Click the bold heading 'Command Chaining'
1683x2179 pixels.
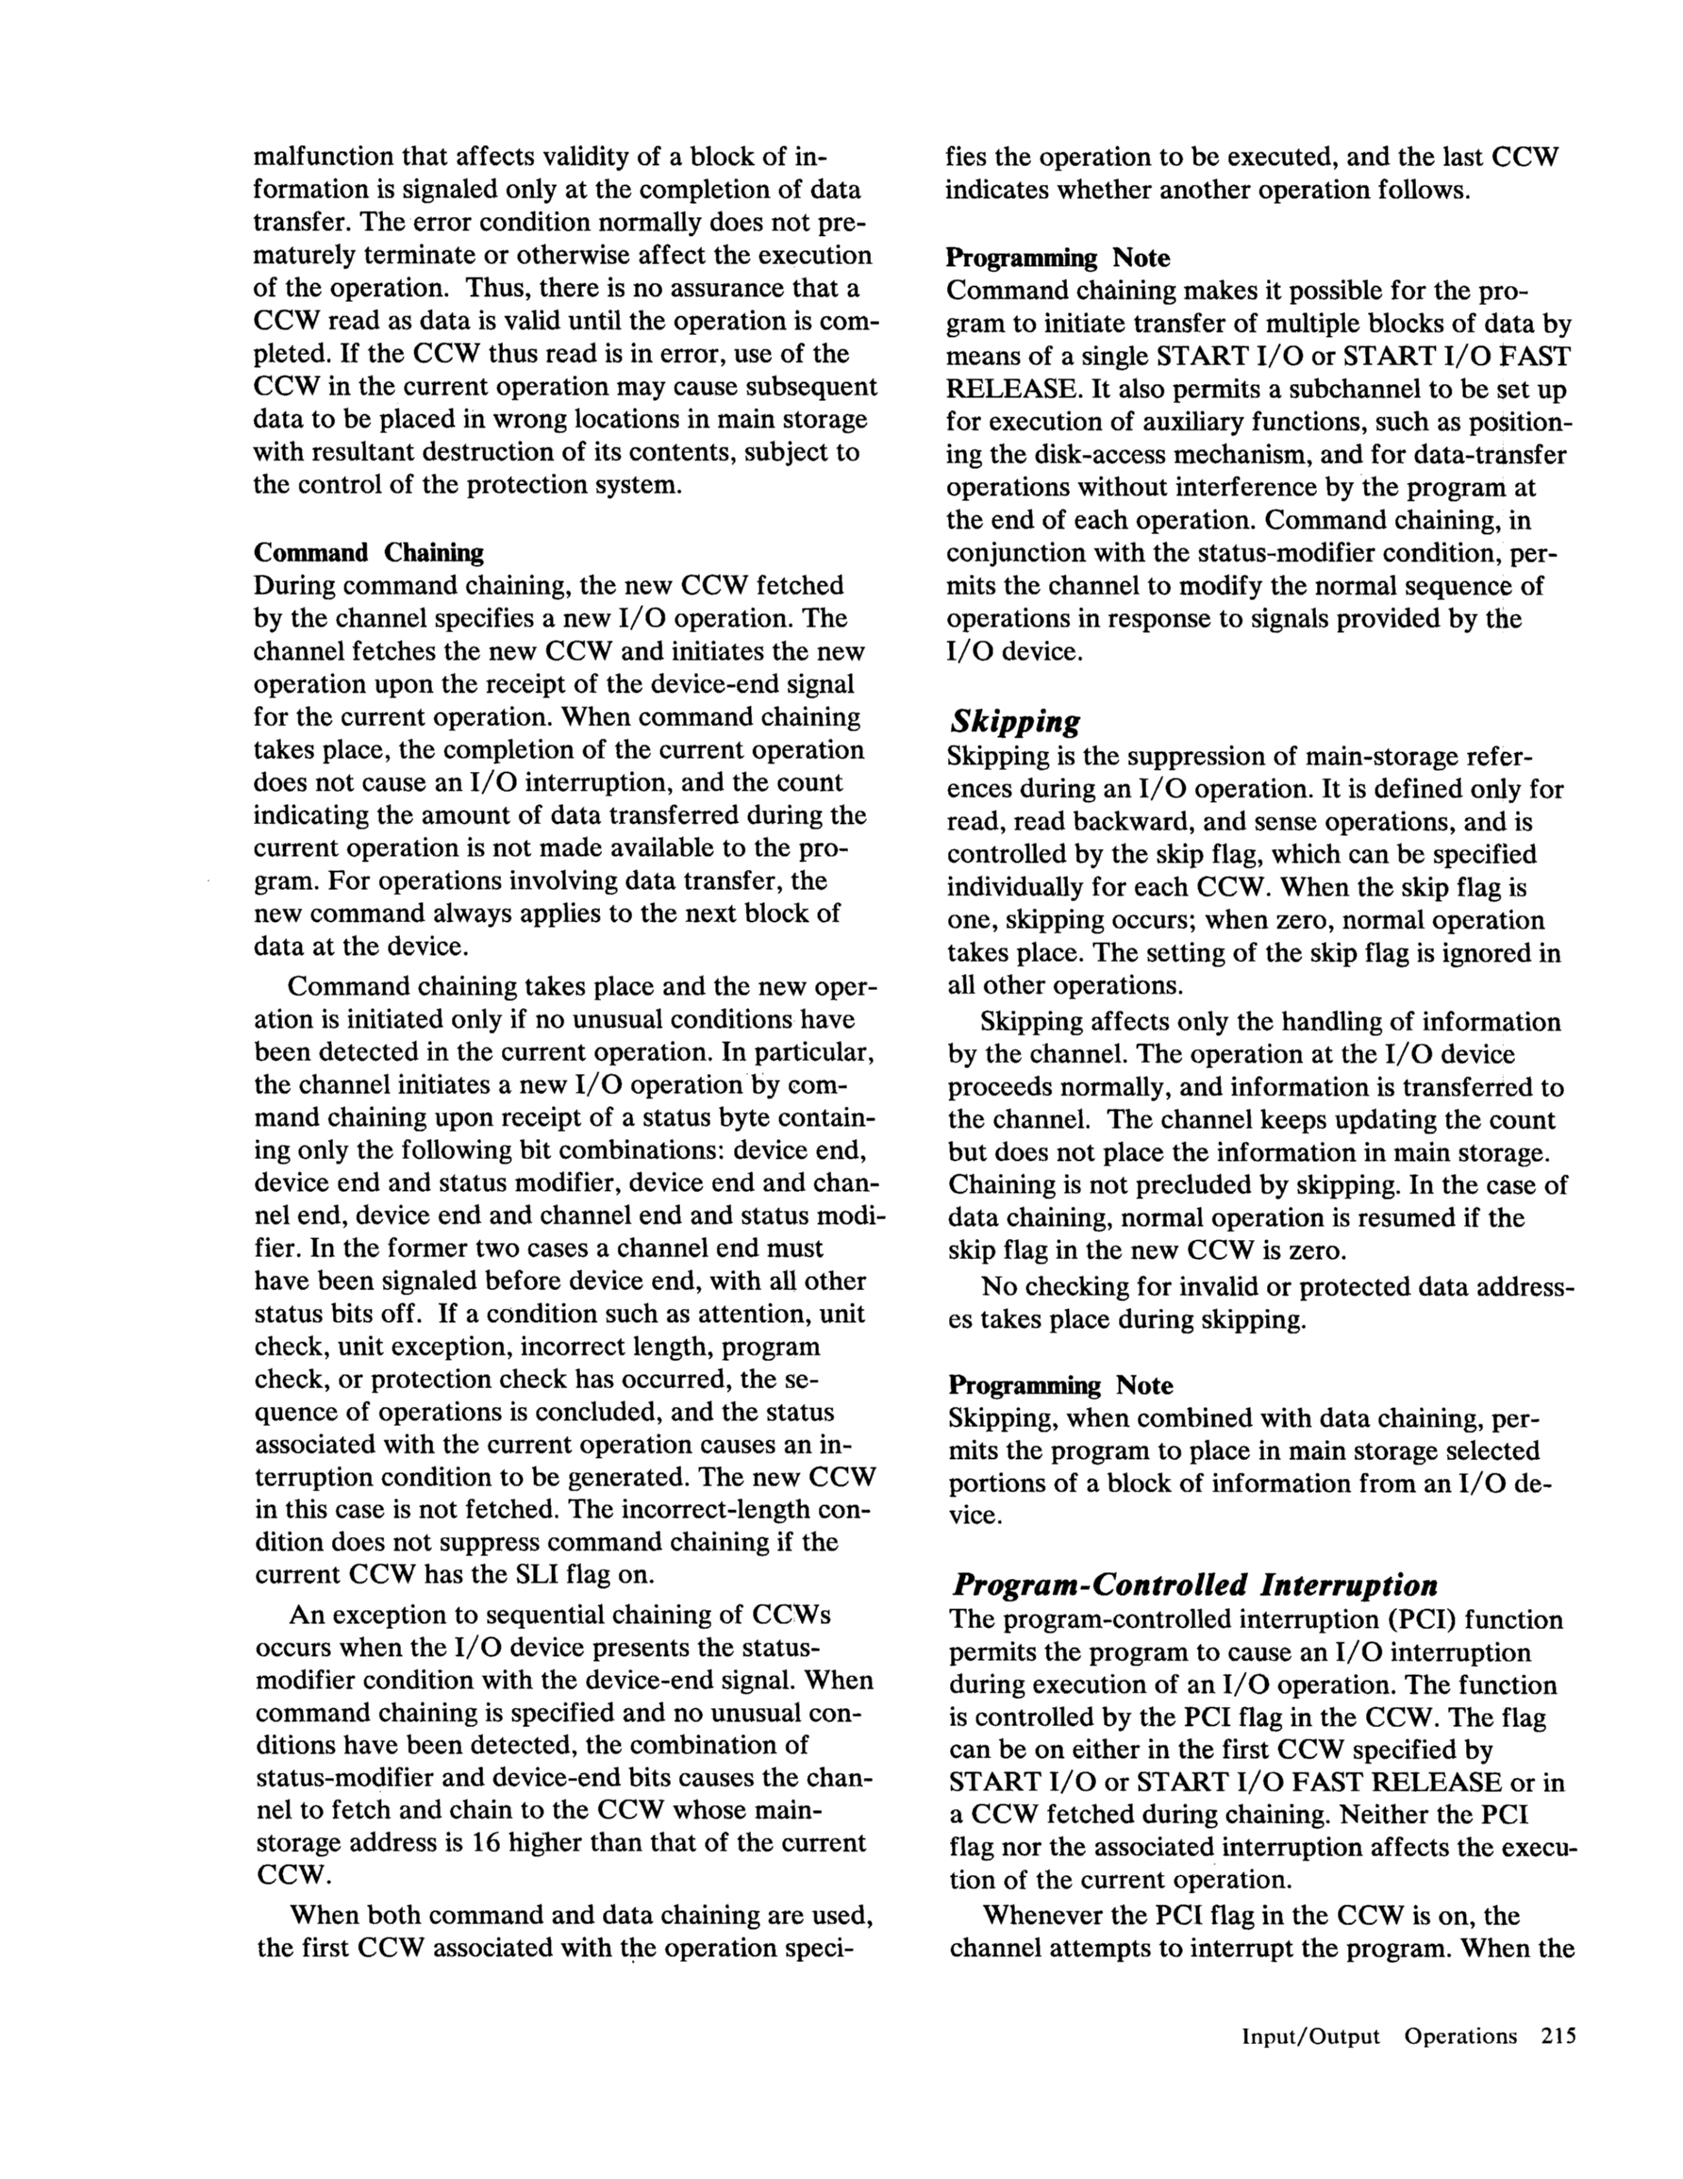tap(368, 553)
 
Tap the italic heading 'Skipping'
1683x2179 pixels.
tap(1013, 721)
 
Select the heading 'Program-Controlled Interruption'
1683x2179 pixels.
tap(1195, 1585)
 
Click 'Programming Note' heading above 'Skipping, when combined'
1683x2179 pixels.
tap(1059, 1385)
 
